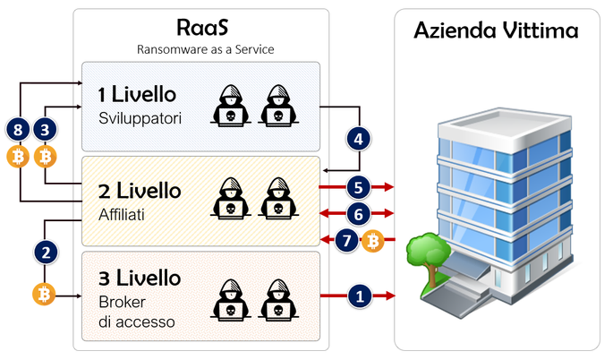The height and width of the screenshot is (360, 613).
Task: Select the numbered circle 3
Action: tap(47, 131)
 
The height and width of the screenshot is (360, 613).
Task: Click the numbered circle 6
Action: tap(359, 213)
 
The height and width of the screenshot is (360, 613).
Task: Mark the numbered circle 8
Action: tap(18, 131)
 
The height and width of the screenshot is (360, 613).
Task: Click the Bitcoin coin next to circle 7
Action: tap(373, 240)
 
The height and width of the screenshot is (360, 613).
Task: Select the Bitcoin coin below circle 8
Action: tap(18, 159)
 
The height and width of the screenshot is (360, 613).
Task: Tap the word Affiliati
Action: tap(124, 214)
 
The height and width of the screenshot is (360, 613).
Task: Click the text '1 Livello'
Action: tap(137, 94)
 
